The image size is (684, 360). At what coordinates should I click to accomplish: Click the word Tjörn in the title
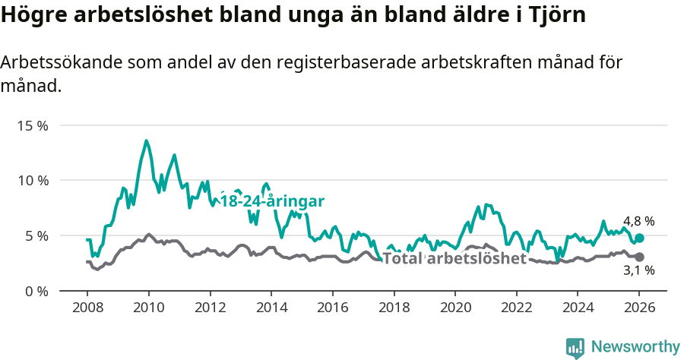coord(556,16)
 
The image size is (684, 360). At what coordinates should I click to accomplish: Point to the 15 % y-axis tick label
coord(32,125)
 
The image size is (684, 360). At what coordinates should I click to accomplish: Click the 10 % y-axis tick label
coord(32,181)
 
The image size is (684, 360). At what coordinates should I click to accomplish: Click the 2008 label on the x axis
coord(87,308)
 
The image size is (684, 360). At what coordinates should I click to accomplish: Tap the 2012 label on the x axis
coord(210,308)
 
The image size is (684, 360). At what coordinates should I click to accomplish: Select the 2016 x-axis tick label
coord(332,308)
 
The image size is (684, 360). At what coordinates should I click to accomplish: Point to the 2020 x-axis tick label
coord(454,308)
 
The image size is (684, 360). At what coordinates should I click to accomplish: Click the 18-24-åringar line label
coord(272,201)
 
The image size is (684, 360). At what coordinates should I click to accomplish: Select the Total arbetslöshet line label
coord(454,258)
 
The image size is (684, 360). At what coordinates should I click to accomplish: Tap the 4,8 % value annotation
coord(638,221)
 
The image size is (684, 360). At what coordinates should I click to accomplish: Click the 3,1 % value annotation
coord(638,270)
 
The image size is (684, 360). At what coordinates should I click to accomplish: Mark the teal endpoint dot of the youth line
coord(639,238)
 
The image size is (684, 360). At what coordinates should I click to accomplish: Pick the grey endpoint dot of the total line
coord(639,257)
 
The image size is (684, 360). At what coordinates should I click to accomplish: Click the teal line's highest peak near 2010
coord(147,141)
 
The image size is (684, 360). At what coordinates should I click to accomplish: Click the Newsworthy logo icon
coord(575,347)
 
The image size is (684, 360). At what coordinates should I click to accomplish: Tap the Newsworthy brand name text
coord(635,347)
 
